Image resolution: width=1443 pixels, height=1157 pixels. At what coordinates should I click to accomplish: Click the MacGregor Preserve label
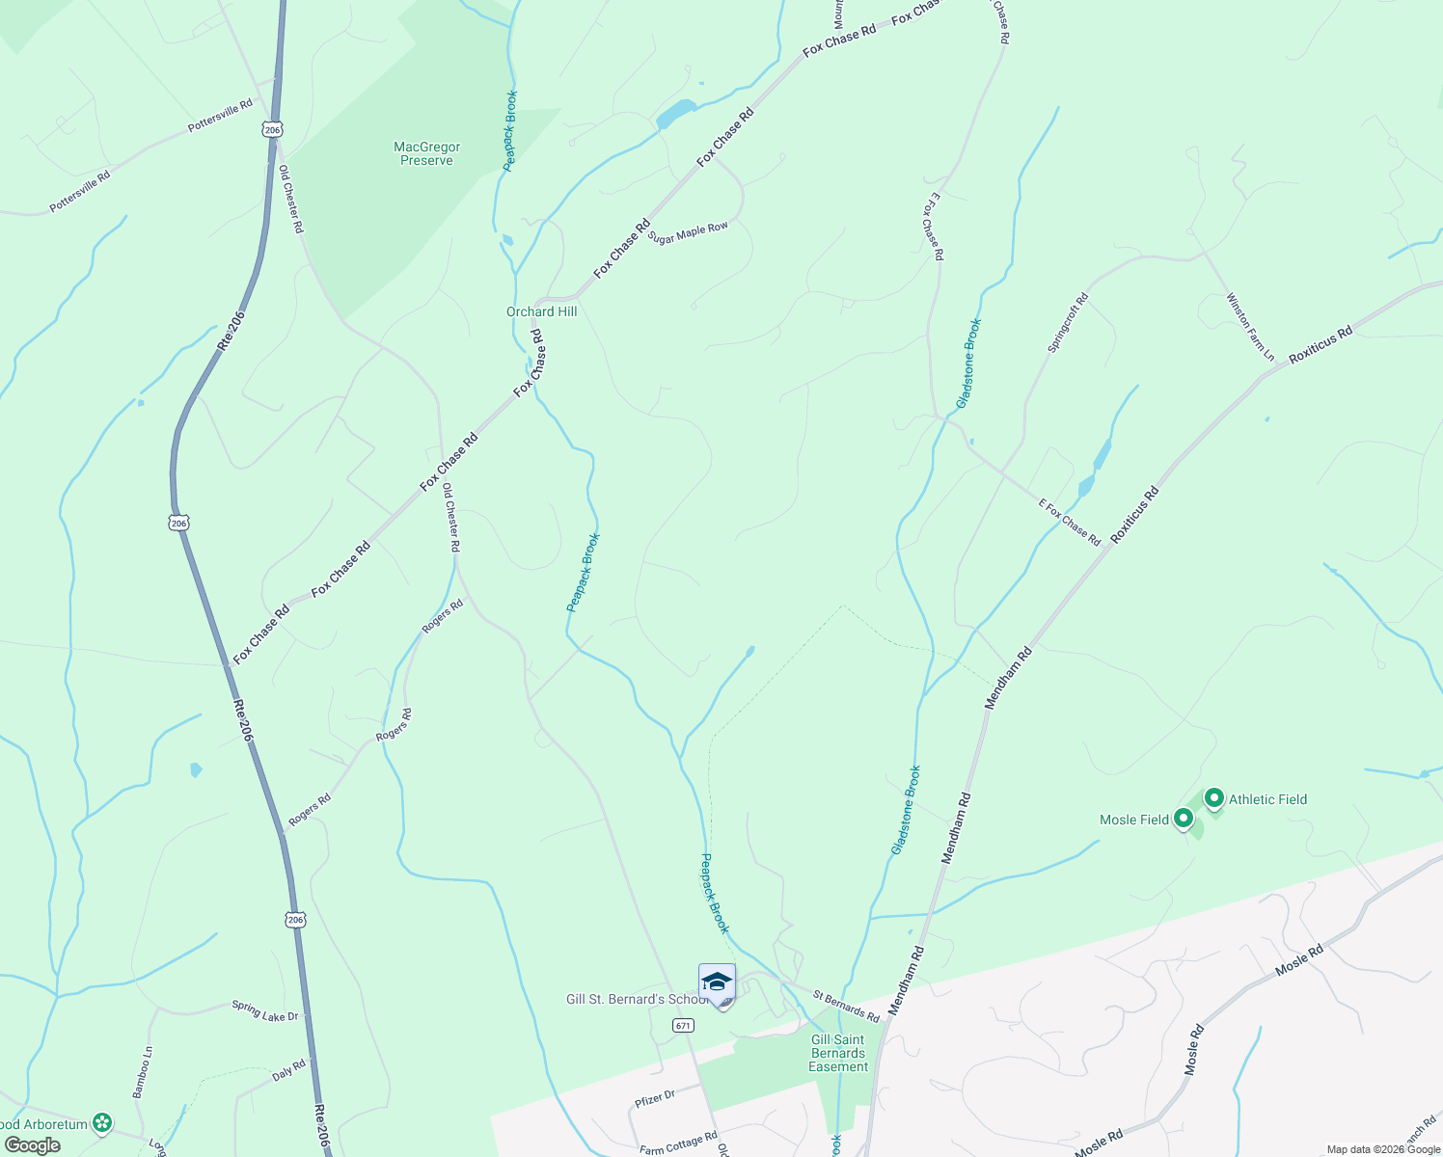pos(426,154)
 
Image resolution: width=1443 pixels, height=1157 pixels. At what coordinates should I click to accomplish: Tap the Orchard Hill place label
pos(542,311)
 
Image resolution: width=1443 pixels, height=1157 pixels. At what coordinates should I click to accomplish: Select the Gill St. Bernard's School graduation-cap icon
pos(717,982)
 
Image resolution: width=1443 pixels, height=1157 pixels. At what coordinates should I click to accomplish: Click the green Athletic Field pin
pos(1214,798)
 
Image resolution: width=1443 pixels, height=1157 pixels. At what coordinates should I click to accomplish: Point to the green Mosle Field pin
pos(1184,819)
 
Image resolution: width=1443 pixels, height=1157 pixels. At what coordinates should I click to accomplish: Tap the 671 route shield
pos(683,1025)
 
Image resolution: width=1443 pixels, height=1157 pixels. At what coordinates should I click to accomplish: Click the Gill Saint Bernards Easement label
pos(838,1053)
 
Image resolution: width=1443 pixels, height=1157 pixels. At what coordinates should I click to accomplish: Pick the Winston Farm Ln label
pos(1250,327)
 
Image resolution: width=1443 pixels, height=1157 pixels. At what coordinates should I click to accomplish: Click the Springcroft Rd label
pos(1068,322)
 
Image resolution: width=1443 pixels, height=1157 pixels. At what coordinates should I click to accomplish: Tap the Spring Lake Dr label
pos(265,1010)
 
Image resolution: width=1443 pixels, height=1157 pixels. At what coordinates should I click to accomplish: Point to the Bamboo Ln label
pos(142,1072)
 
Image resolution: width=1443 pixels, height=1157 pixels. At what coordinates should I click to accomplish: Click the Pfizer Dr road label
pos(656,1097)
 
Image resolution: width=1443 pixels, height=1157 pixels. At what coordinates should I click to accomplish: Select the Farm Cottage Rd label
pos(678,1143)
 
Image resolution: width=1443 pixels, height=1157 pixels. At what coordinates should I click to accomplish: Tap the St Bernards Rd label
pos(846,1006)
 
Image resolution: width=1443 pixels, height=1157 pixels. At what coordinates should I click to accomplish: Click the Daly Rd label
pos(288,1069)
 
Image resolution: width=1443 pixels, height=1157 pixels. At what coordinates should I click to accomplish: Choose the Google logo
pos(32,1145)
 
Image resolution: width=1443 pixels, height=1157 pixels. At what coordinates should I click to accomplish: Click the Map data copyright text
pos(1382,1149)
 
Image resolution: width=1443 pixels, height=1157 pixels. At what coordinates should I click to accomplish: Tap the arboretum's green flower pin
pos(102,1123)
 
